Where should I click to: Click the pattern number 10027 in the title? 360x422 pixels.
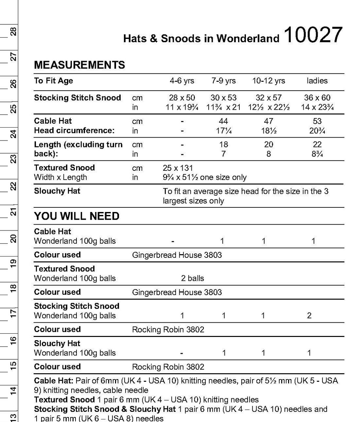coord(313,35)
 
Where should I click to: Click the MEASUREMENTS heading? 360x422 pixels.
coord(79,65)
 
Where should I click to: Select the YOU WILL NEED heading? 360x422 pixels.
coord(76,216)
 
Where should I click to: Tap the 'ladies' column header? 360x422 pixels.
coord(317,81)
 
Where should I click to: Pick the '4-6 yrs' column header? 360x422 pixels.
coord(182,81)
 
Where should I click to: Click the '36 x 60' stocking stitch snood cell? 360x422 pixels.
coord(317,98)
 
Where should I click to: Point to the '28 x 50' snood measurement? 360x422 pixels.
coord(182,98)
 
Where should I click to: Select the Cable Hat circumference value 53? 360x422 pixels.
coord(317,121)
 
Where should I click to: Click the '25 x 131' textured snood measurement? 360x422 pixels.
coord(178,168)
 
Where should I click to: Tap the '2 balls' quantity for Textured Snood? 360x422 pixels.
coord(193,278)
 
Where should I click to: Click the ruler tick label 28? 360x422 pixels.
coord(13,32)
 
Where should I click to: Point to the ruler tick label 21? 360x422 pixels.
coord(13,212)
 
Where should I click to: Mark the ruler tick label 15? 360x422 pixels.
coord(13,365)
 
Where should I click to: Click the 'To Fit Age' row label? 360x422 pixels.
coord(53,81)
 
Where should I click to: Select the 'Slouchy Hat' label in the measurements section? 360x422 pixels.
coord(57,191)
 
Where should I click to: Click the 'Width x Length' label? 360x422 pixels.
coord(60,177)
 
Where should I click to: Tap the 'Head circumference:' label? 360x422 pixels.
coord(74,131)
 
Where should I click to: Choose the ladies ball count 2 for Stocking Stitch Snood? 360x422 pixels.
coord(309,316)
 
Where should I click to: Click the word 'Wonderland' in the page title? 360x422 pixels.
coord(248,39)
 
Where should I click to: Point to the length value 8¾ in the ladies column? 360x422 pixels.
coord(317,154)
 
